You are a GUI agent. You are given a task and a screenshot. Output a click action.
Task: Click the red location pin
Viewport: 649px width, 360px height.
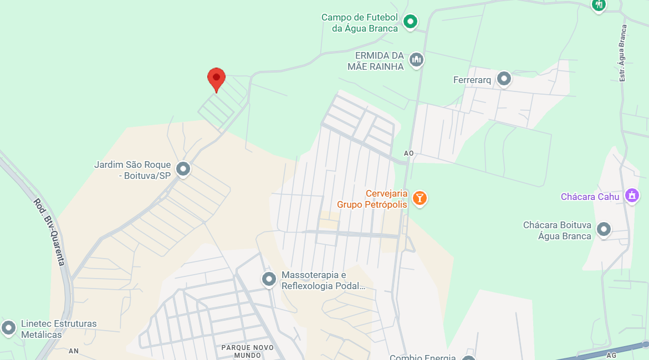(x=216, y=79)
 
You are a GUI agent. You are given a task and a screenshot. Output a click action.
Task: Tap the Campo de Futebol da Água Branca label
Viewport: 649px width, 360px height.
(x=360, y=23)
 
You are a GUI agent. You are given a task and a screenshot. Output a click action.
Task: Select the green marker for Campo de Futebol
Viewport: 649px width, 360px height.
(x=410, y=22)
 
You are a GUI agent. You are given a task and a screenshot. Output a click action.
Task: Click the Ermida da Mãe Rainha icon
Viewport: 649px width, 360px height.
(x=416, y=59)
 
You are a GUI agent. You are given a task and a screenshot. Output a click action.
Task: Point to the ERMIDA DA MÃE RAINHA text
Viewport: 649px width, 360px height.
(x=379, y=60)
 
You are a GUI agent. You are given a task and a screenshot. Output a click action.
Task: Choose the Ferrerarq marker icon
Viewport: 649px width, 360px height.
(x=504, y=79)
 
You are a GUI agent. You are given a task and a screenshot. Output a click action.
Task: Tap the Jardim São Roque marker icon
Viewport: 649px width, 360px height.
(x=183, y=168)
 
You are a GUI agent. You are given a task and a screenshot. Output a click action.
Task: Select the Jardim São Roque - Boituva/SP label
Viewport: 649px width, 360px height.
(x=132, y=170)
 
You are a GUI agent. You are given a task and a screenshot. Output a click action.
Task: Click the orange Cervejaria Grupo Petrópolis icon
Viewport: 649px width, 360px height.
(x=420, y=198)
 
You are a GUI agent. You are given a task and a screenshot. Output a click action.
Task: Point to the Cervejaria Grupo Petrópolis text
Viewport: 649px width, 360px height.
(x=372, y=199)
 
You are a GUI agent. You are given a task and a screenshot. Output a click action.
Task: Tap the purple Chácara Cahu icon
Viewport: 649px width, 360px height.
(x=631, y=195)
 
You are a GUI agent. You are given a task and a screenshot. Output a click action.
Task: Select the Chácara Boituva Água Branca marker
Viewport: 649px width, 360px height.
(x=604, y=229)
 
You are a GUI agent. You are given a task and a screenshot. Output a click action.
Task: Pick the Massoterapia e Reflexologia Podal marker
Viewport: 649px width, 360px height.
(x=269, y=279)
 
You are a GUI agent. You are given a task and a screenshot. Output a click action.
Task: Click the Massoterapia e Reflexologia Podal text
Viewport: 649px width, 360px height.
(x=323, y=280)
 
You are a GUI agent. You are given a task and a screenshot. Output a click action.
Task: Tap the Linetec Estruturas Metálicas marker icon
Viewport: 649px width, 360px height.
(x=8, y=328)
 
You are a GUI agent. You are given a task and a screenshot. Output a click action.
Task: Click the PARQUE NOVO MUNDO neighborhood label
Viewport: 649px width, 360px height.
(x=247, y=351)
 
